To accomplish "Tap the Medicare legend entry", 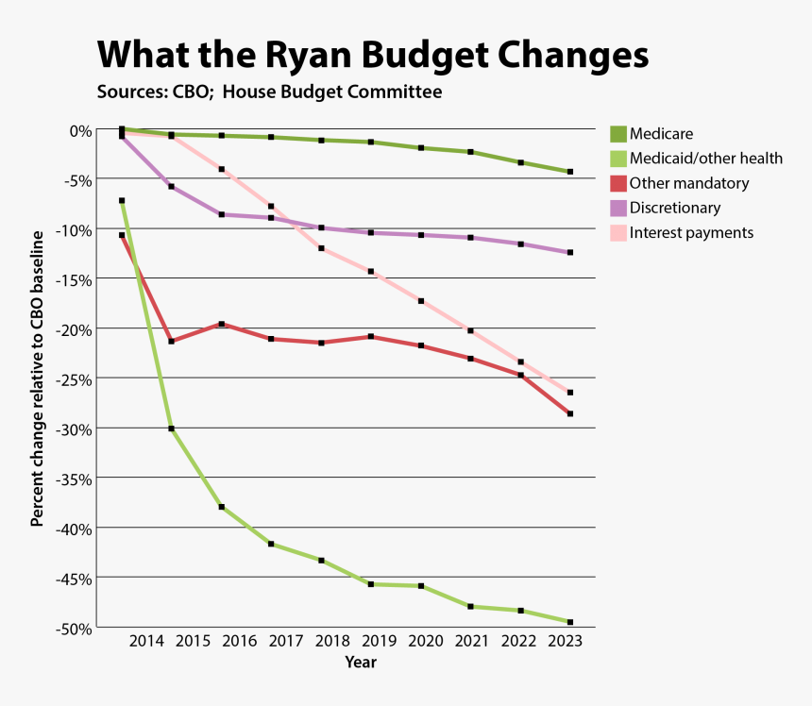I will pyautogui.click(x=661, y=134).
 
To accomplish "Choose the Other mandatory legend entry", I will pyautogui.click(x=688, y=183).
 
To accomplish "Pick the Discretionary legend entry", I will pyautogui.click(x=674, y=208).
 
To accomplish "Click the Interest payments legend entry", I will pyautogui.click(x=691, y=232).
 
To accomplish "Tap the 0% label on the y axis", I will pyautogui.click(x=78, y=129).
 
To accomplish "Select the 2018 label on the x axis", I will pyautogui.click(x=331, y=642).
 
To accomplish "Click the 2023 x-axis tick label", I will pyautogui.click(x=565, y=642).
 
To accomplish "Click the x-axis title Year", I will pyautogui.click(x=361, y=663).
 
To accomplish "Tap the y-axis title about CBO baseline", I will pyautogui.click(x=37, y=378).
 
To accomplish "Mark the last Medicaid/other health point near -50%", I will pyautogui.click(x=570, y=622).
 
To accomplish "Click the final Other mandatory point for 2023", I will pyautogui.click(x=570, y=413).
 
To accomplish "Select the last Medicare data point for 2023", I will pyautogui.click(x=570, y=172).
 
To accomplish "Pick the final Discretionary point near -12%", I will pyautogui.click(x=570, y=253).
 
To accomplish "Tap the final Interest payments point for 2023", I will pyautogui.click(x=570, y=392).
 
